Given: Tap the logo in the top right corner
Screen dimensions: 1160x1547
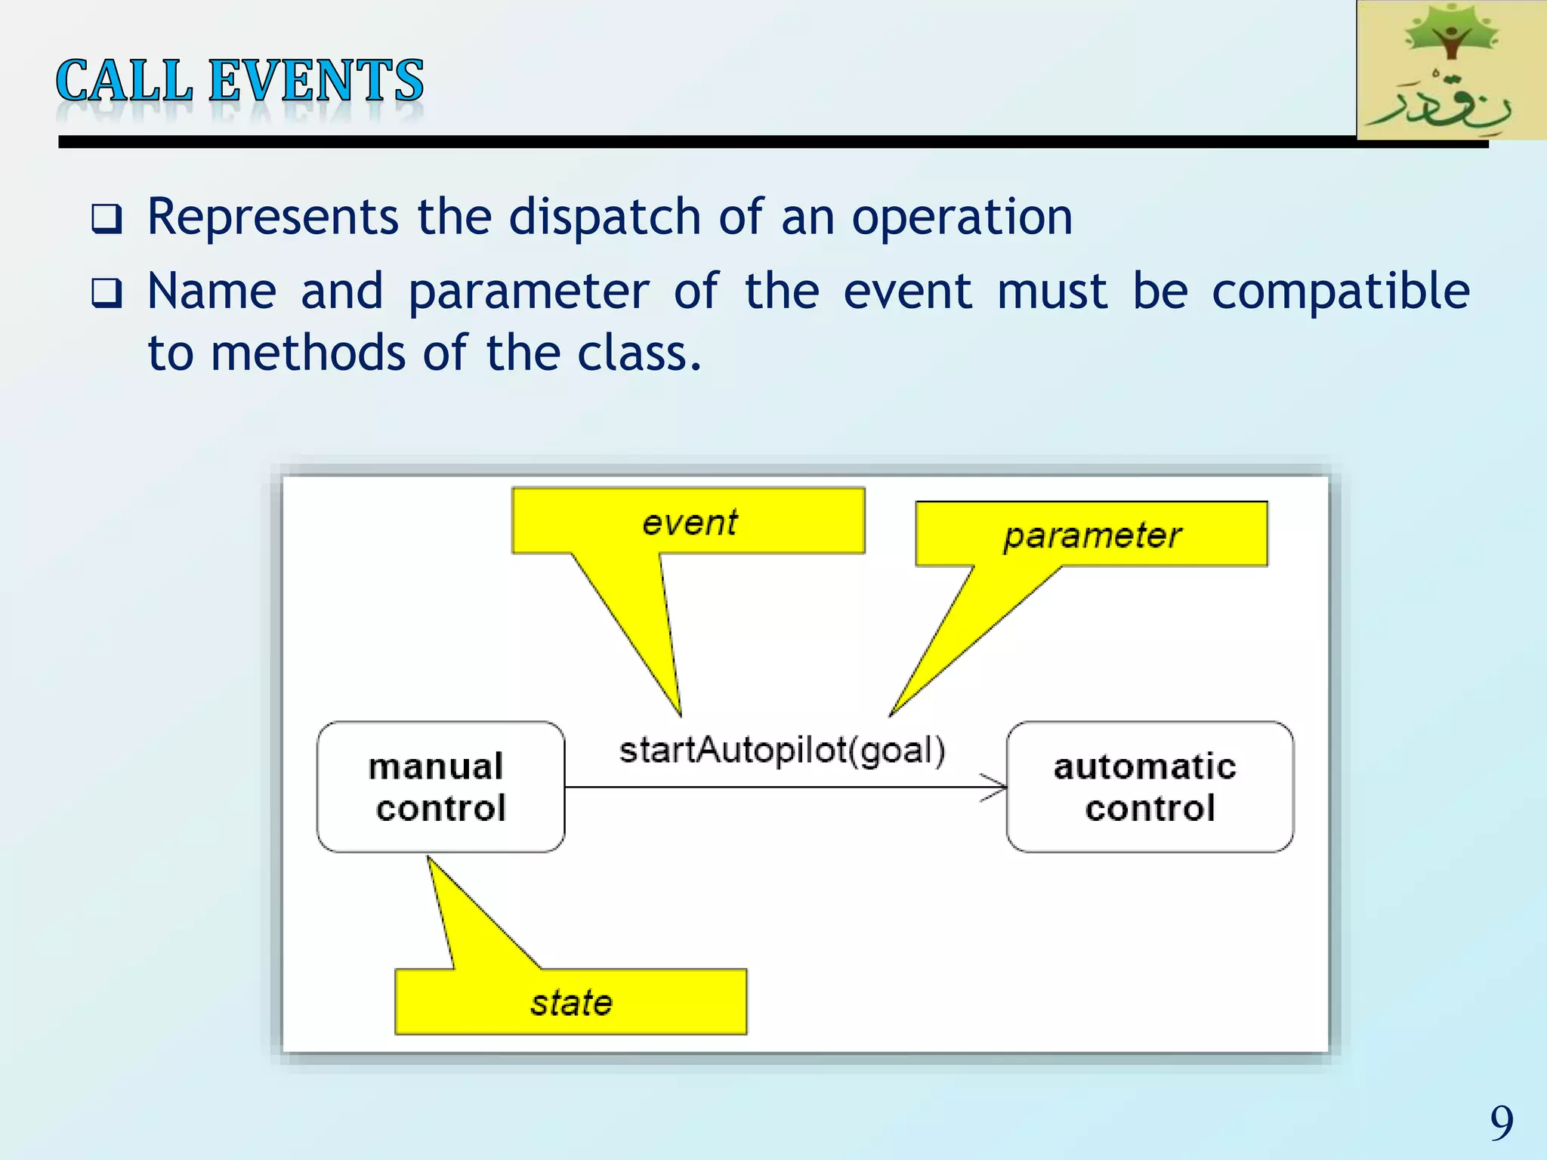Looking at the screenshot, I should point(1451,70).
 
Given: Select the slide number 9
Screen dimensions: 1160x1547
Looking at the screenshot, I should point(1502,1123).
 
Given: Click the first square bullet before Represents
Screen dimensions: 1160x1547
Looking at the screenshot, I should point(107,219).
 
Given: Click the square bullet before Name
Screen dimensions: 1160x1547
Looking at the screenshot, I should point(107,293).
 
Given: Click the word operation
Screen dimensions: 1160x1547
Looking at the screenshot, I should point(962,217).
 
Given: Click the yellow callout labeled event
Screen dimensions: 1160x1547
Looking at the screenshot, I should point(688,522).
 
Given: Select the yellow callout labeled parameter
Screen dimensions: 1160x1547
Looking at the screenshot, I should point(1092,535).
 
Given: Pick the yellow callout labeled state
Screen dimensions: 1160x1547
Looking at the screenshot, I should point(571,1002).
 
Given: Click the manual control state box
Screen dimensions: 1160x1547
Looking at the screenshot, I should point(440,787).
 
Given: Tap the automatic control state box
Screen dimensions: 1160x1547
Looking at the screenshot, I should point(1149,787).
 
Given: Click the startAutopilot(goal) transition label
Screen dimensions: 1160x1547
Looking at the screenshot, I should point(782,751).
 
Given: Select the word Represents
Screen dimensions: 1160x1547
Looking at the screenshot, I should point(273,217).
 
